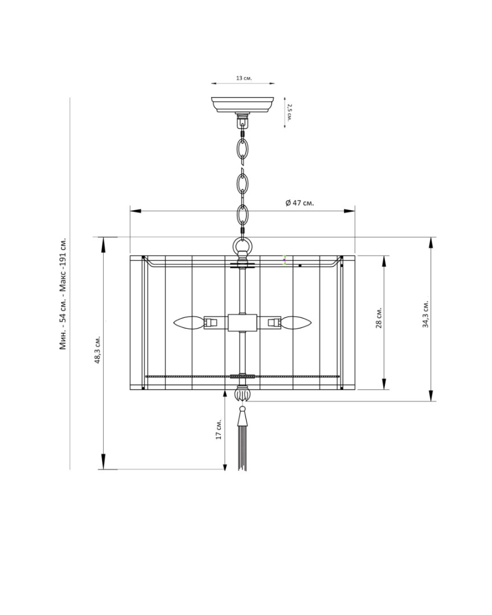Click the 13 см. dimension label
pyautogui.click(x=244, y=77)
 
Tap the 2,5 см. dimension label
pyautogui.click(x=289, y=113)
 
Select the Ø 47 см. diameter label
pyautogui.click(x=300, y=203)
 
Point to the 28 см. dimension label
pyautogui.click(x=379, y=317)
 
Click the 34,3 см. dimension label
pyautogui.click(x=425, y=314)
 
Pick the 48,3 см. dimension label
pyautogui.click(x=97, y=350)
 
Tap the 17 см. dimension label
pyautogui.click(x=219, y=429)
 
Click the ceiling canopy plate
pyautogui.click(x=243, y=105)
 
